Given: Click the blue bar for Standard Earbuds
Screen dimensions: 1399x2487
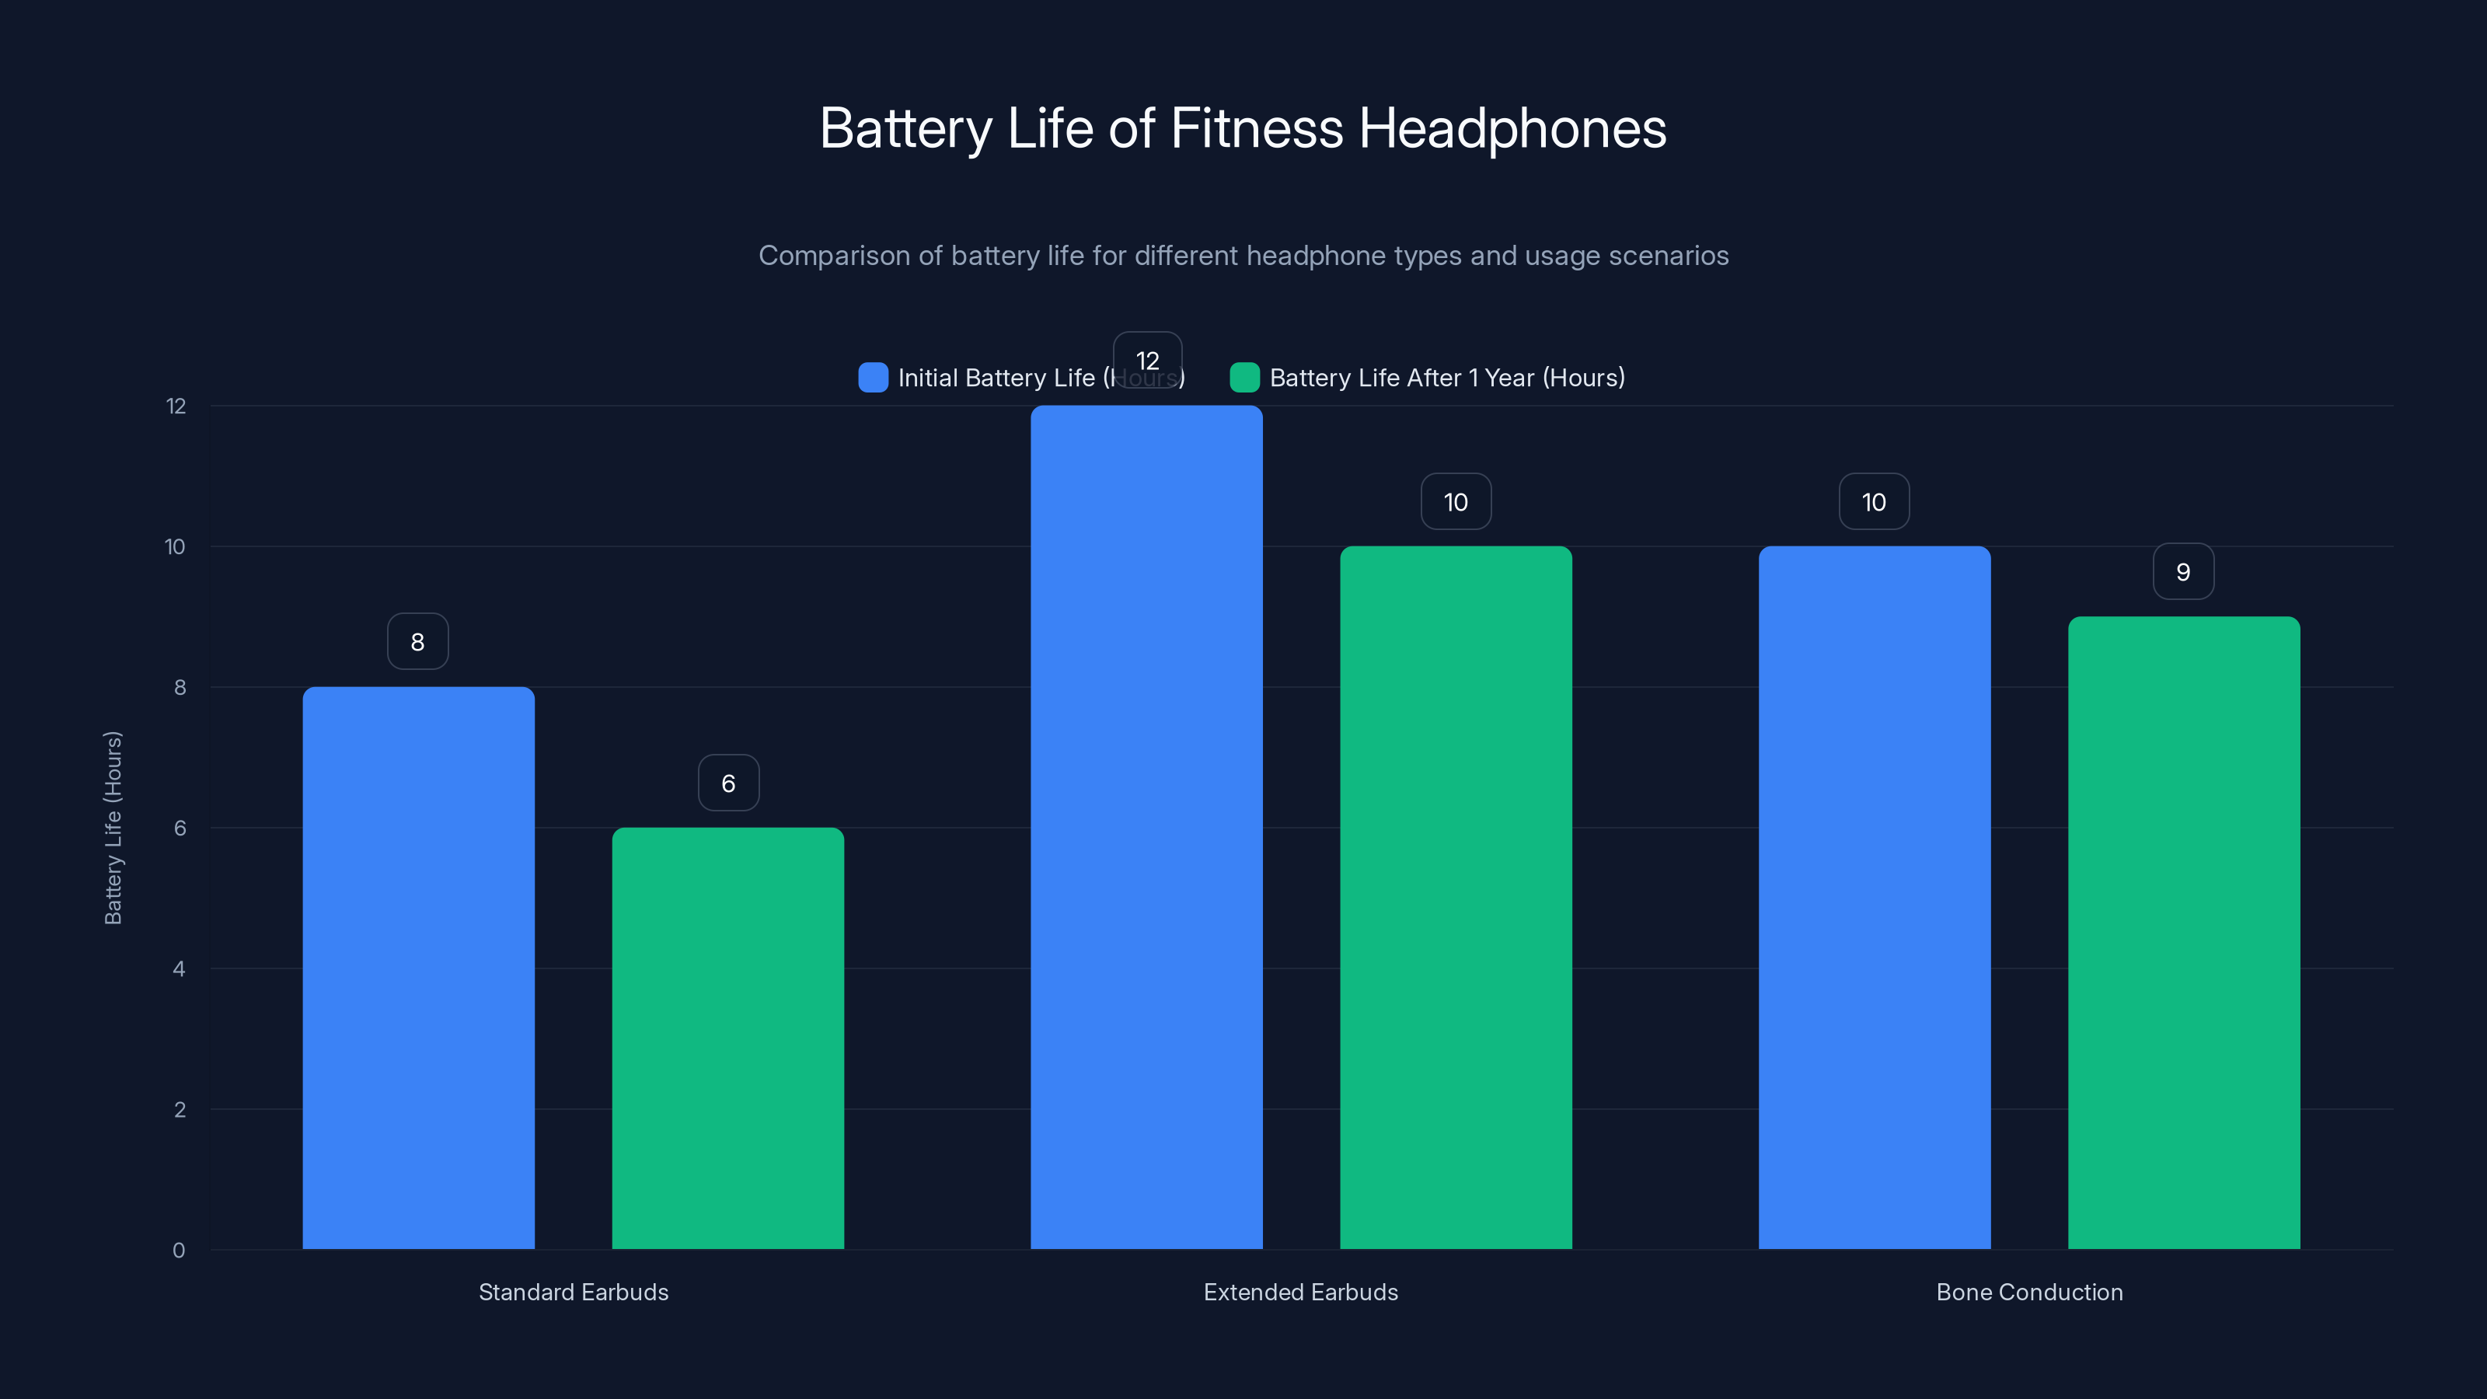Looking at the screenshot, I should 418,968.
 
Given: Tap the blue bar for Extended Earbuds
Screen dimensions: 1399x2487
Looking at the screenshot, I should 1146,828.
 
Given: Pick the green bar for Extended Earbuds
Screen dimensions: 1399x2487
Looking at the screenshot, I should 1456,898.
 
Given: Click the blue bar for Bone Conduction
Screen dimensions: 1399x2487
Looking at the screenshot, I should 1874,898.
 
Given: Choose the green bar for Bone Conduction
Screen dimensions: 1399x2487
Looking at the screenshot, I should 2184,933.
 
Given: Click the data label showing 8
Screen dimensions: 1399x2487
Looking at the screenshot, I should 418,642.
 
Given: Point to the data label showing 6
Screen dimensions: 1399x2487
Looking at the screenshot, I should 729,783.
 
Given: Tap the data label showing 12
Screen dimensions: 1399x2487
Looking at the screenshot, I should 1147,360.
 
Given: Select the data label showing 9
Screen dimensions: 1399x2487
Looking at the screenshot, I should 2183,573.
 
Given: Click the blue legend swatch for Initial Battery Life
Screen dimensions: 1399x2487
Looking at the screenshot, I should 873,378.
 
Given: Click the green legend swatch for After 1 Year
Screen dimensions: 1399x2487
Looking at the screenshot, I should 1244,378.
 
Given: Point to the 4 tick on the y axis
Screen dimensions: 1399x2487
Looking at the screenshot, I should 179,968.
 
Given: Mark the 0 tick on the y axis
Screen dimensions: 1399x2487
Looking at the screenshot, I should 179,1251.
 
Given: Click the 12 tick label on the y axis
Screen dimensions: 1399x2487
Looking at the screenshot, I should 176,406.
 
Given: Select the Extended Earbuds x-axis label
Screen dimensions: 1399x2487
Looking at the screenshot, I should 1300,1292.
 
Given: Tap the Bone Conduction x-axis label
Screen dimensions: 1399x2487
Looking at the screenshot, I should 2029,1292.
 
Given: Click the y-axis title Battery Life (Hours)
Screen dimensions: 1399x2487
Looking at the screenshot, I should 113,828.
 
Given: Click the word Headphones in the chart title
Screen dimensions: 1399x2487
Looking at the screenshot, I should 1512,128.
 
